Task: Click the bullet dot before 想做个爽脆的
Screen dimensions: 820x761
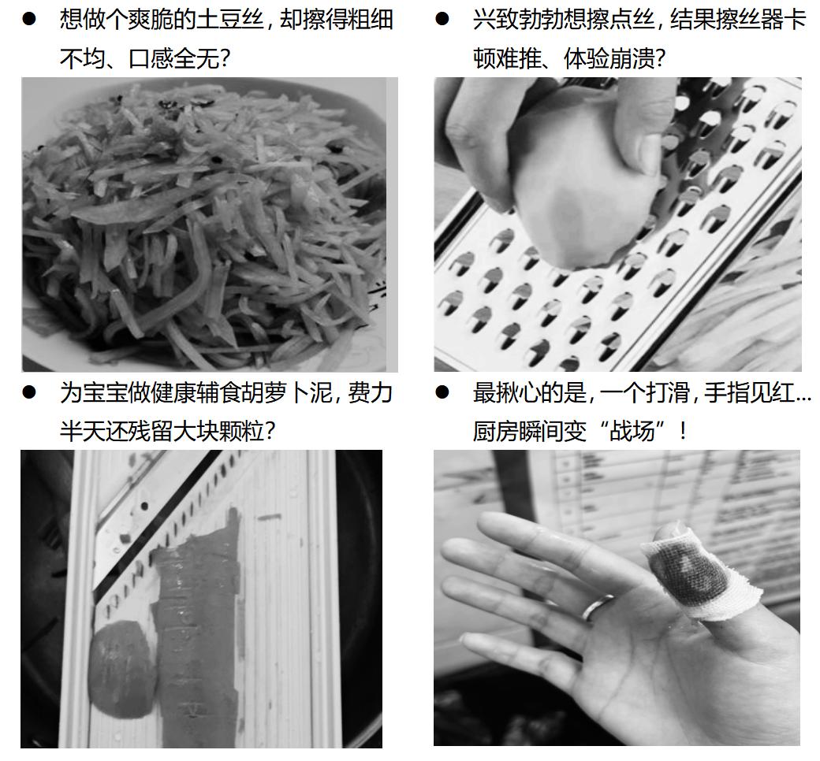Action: (29, 20)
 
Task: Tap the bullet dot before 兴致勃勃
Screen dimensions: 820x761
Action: (442, 20)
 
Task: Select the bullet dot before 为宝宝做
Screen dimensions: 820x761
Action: (29, 392)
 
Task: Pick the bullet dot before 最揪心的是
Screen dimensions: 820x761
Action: (442, 392)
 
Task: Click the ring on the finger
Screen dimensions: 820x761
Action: (598, 607)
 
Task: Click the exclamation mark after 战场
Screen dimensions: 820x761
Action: (683, 432)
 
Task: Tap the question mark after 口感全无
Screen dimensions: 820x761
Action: (225, 58)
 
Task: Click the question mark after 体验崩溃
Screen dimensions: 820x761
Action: (659, 58)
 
